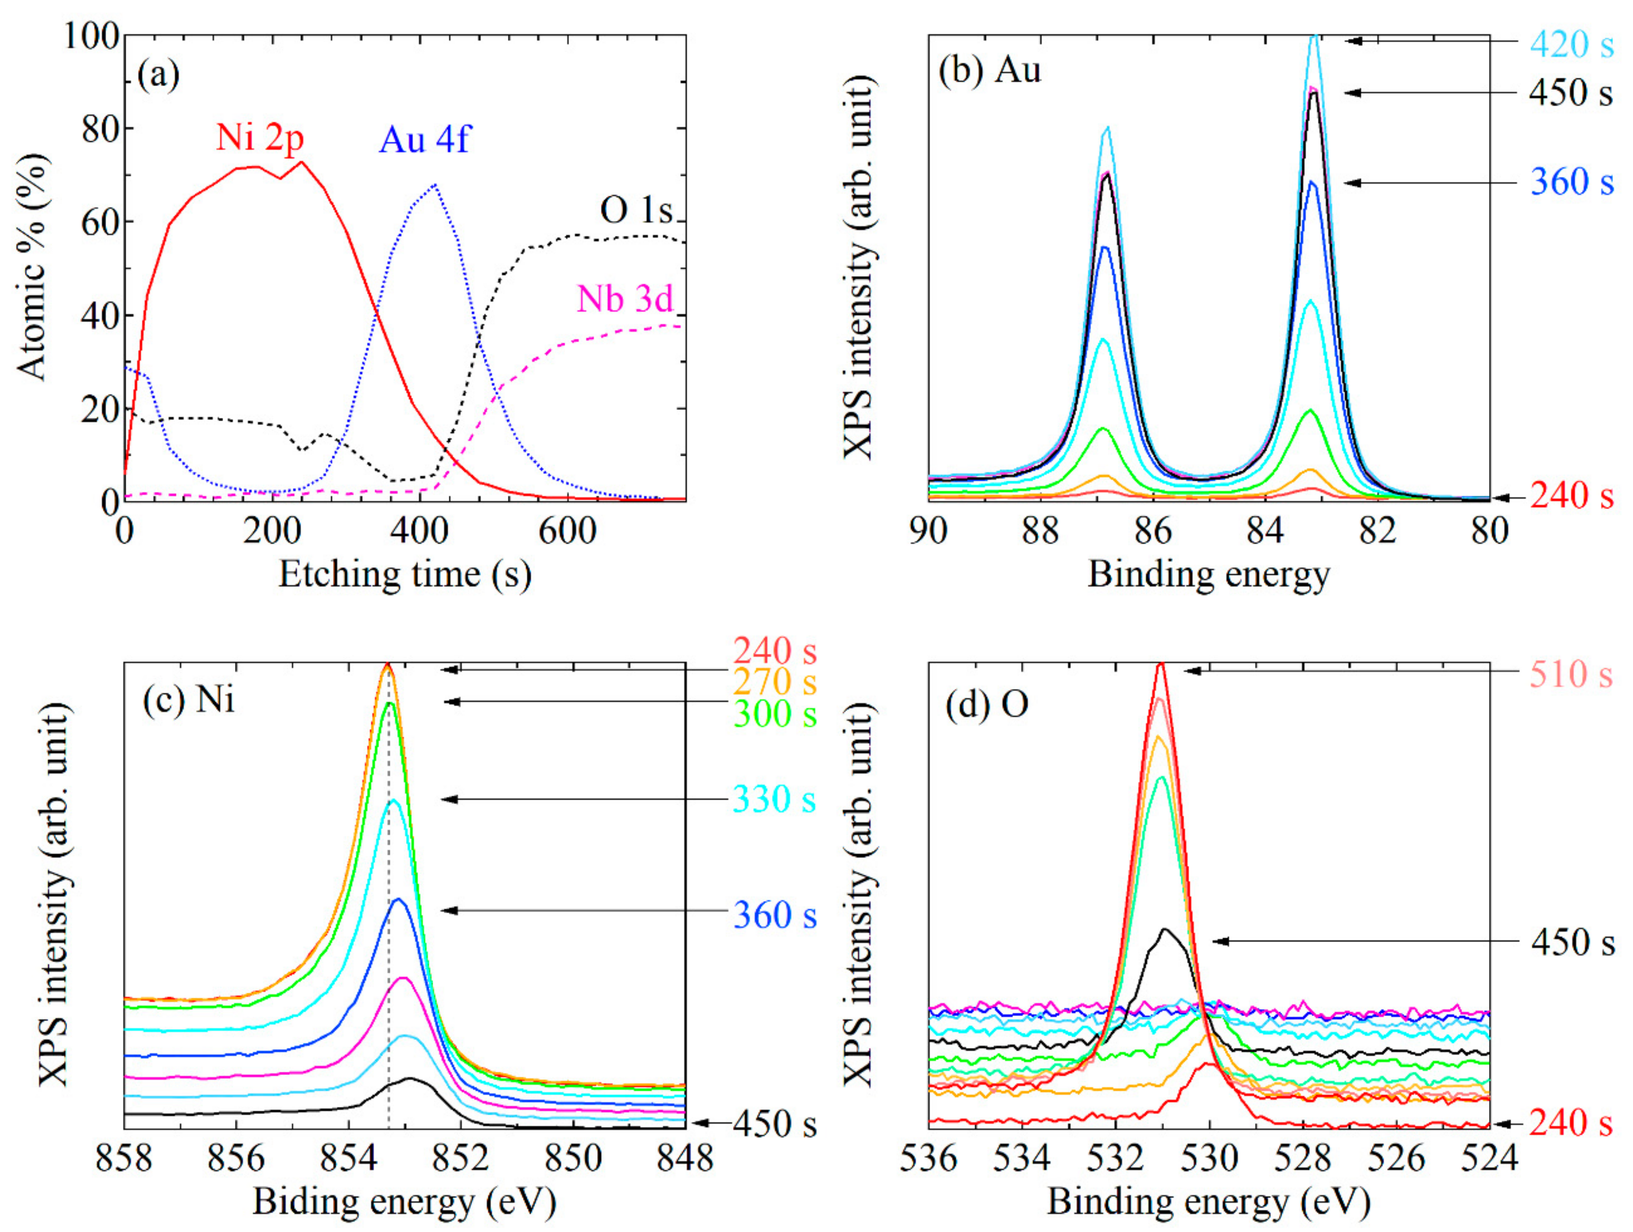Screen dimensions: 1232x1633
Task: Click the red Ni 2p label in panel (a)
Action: click(260, 137)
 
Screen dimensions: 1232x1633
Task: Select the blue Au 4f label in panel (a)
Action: click(424, 140)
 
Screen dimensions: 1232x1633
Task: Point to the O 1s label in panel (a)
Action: click(636, 211)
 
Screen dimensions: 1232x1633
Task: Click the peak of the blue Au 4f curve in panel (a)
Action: click(435, 185)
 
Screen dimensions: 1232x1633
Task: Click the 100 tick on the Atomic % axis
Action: click(92, 35)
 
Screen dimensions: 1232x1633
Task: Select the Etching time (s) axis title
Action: click(404, 574)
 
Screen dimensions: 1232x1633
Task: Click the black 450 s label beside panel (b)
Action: click(1570, 93)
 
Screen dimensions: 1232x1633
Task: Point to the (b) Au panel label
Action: click(989, 71)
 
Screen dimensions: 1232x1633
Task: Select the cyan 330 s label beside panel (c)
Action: click(774, 800)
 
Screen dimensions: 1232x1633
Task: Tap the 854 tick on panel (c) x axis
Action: click(349, 1159)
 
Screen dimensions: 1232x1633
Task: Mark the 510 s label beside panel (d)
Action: click(1570, 674)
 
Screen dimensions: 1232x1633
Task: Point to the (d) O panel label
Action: click(987, 705)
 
